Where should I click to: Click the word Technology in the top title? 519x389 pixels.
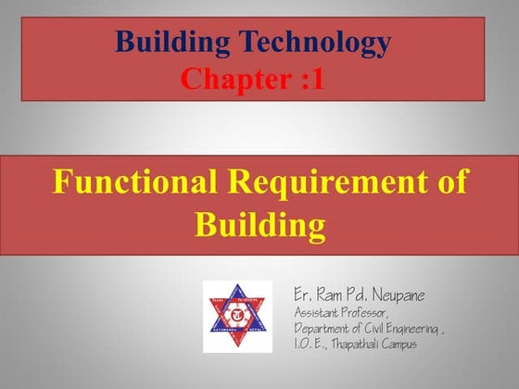[313, 43]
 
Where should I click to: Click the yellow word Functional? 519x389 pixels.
[127, 182]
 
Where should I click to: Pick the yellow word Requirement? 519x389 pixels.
[321, 182]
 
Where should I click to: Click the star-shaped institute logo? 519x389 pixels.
[238, 316]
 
